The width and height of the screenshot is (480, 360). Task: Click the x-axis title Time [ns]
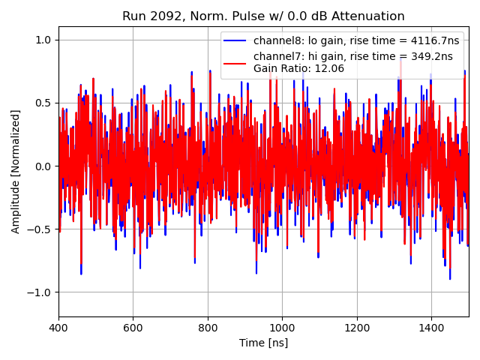[x=263, y=343]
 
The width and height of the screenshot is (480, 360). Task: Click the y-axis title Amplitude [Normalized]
[x=16, y=172]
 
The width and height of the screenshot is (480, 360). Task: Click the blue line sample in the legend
[x=236, y=40]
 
